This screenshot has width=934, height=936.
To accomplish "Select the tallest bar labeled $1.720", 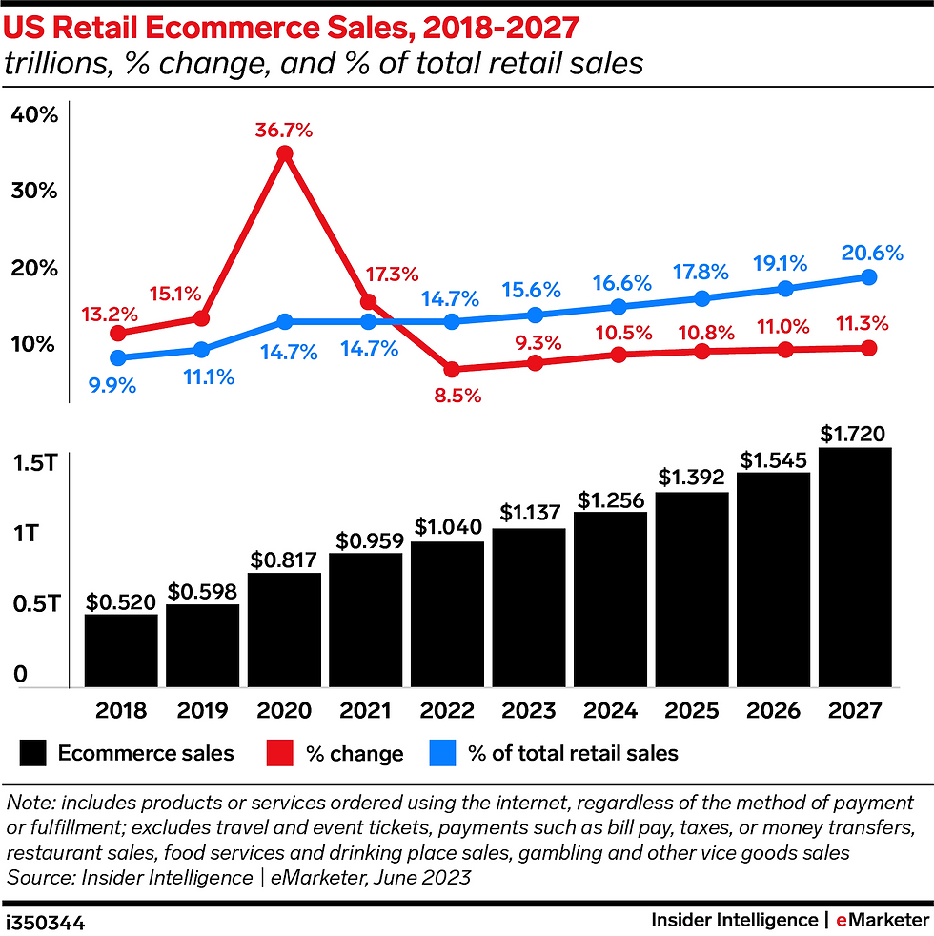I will [855, 566].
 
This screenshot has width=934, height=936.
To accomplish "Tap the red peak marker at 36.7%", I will [284, 153].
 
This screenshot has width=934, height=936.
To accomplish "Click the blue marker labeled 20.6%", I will [868, 276].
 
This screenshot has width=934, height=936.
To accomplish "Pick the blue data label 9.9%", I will [112, 386].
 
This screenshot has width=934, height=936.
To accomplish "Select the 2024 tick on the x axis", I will [610, 711].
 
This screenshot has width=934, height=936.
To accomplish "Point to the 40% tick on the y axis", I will [35, 114].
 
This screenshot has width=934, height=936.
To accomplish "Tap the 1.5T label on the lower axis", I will [35, 463].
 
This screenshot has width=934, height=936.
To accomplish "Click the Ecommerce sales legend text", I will [146, 753].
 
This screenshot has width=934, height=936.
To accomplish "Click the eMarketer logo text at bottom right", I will [882, 920].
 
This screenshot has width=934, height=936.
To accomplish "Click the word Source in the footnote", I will [38, 877].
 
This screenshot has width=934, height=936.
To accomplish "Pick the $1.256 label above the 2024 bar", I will [611, 499].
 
